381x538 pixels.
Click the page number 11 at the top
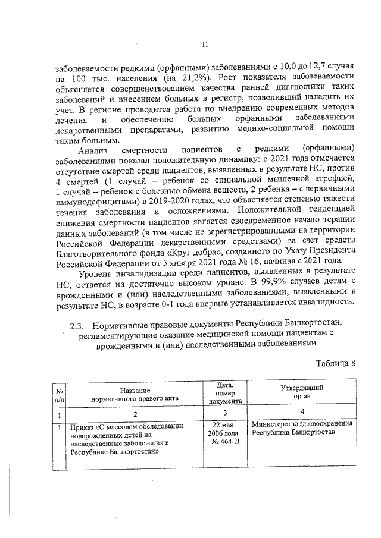[x=205, y=43]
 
